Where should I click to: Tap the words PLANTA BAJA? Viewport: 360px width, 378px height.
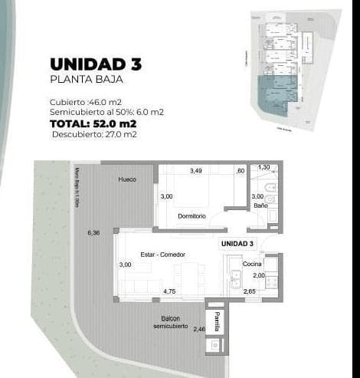click(85, 79)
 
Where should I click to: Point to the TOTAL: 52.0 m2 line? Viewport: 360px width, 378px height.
click(93, 123)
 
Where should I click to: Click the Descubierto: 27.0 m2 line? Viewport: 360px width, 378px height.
click(94, 134)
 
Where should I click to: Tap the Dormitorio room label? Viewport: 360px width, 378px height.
click(191, 216)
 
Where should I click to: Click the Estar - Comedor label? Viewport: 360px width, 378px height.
click(162, 255)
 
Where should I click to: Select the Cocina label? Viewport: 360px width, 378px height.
click(252, 264)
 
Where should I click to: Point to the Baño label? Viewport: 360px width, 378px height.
click(260, 205)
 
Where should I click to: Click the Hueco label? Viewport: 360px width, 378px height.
click(127, 179)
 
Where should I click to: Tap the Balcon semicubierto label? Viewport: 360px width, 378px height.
click(170, 322)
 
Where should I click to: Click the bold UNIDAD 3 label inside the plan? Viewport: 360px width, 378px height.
click(237, 244)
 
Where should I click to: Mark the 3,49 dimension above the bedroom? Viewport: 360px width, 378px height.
click(197, 170)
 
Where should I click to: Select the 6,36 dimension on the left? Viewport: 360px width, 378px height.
click(93, 232)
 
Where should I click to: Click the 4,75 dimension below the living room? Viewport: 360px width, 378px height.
click(169, 291)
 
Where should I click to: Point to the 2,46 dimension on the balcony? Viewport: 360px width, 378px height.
click(199, 329)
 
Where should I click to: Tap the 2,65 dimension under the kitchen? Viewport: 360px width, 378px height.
click(250, 291)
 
